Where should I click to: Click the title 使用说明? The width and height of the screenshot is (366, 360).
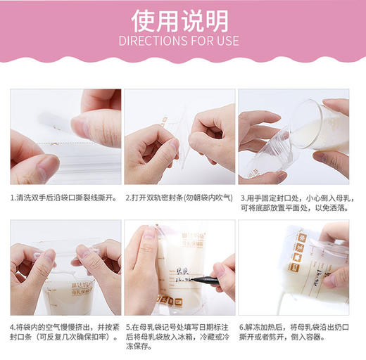(x=182, y=18)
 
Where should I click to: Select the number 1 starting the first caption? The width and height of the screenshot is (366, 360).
(x=13, y=198)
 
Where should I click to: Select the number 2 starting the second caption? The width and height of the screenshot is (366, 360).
(x=127, y=198)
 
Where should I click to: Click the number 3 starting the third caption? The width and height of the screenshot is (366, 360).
(x=241, y=198)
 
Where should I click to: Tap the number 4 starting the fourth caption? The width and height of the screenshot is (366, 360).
(x=13, y=328)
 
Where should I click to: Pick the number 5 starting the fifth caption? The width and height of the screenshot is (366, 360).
(x=127, y=328)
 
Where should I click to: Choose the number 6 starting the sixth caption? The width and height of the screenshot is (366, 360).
(x=241, y=328)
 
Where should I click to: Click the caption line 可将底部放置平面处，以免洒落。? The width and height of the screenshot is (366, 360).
(x=301, y=210)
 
